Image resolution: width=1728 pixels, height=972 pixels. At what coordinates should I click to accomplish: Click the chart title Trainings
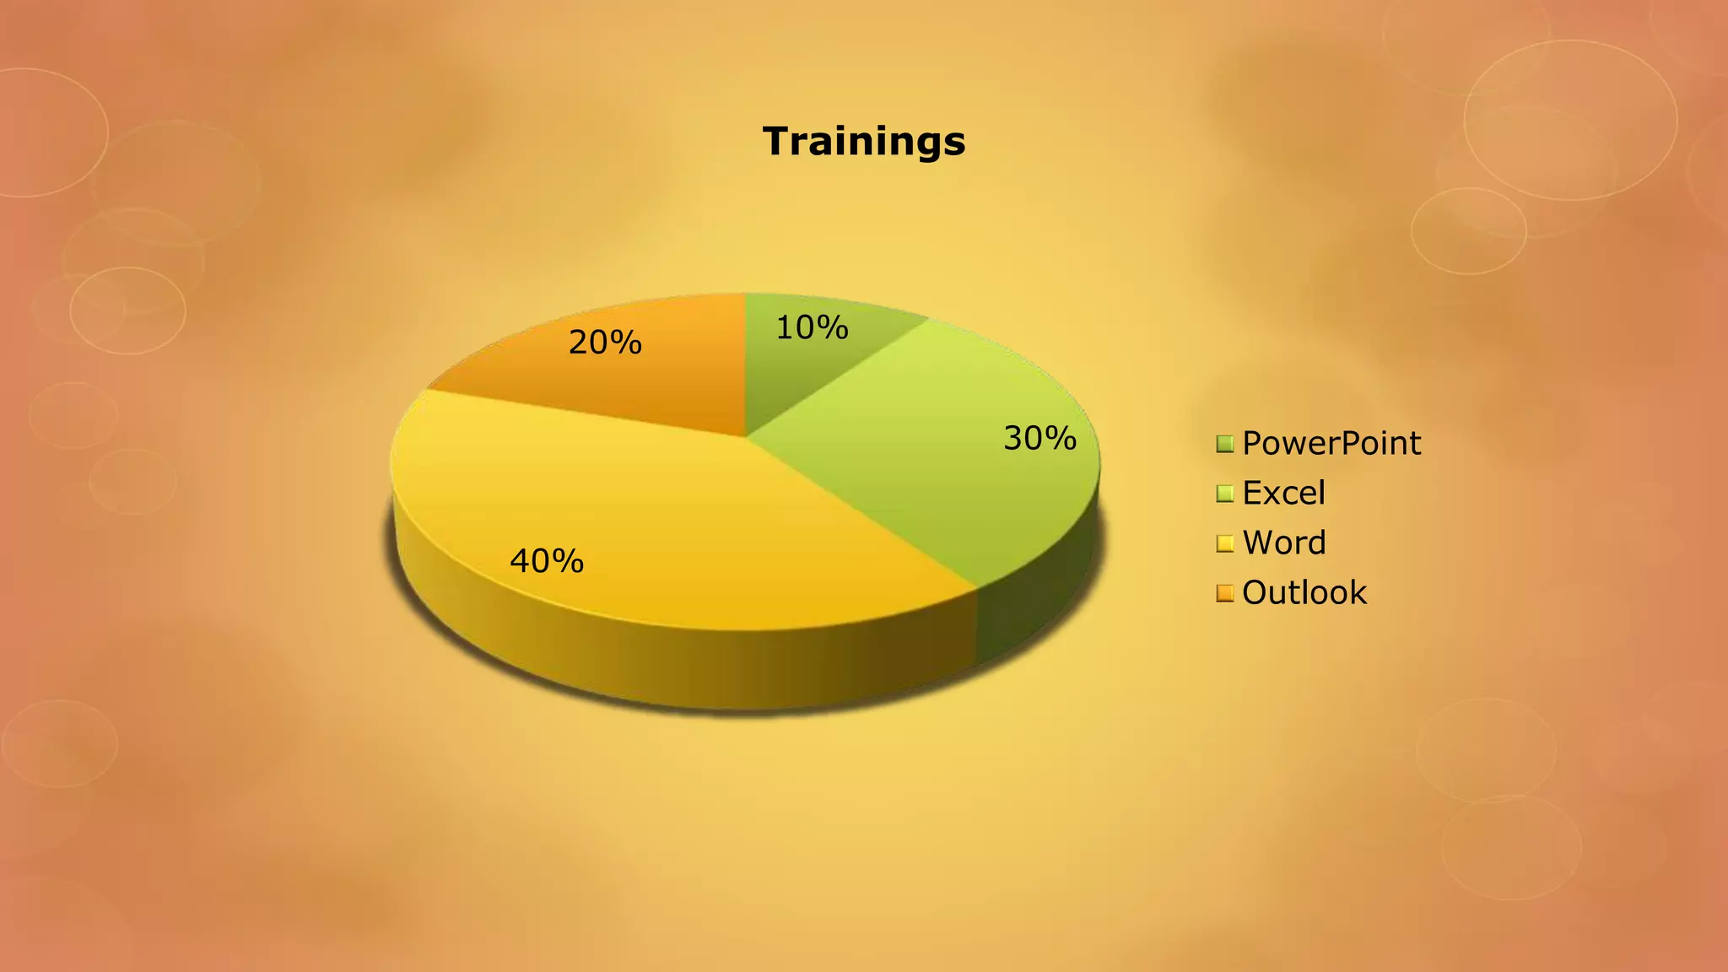[864, 141]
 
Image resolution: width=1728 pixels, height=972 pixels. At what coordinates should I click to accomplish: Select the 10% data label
[812, 327]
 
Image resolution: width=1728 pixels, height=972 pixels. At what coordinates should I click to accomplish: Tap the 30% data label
[1039, 438]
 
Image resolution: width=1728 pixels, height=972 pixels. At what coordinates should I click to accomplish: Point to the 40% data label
[547, 561]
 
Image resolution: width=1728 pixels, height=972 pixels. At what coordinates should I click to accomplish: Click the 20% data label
[605, 343]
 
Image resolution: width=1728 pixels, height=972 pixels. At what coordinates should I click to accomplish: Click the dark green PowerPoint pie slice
[793, 371]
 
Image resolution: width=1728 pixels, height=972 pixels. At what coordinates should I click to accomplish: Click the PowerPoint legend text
[1331, 443]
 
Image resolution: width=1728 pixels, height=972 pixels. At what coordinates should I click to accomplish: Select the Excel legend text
[1283, 493]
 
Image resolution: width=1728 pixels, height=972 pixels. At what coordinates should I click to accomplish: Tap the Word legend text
[1284, 543]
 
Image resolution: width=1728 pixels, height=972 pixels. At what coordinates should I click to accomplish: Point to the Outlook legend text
[1304, 592]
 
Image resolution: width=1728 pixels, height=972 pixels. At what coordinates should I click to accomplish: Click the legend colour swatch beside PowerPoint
[1225, 444]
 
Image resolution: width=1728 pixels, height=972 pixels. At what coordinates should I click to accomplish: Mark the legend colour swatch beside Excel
[1225, 494]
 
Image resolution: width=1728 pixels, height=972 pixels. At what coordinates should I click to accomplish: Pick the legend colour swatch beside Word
[1225, 543]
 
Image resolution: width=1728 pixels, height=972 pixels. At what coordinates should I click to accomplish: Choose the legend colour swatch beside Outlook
[1225, 593]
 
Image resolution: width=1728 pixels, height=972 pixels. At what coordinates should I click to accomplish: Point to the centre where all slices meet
[746, 436]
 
